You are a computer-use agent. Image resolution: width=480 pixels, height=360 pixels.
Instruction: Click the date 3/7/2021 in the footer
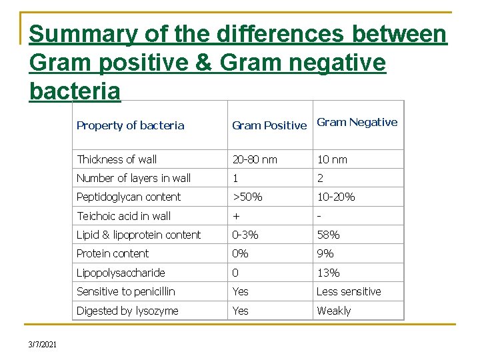click(x=43, y=344)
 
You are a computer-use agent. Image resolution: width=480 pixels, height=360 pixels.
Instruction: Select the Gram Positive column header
click(x=269, y=125)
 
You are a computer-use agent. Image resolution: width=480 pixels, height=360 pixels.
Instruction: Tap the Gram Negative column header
click(x=357, y=122)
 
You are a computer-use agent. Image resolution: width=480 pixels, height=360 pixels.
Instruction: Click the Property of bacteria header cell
click(x=130, y=125)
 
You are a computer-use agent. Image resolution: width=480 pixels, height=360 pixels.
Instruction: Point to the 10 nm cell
click(x=331, y=159)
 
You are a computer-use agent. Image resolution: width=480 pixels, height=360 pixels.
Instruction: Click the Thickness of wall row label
click(x=117, y=159)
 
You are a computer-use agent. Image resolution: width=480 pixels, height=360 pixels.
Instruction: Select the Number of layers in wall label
click(x=133, y=178)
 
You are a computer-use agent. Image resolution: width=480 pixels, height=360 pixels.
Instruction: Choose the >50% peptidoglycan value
click(x=247, y=197)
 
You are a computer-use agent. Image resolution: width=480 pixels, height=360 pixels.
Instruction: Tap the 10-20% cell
click(x=335, y=197)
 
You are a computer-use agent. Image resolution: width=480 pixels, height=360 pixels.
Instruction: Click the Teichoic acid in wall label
click(x=123, y=216)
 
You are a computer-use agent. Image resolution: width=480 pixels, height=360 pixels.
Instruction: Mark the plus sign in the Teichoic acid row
click(x=235, y=216)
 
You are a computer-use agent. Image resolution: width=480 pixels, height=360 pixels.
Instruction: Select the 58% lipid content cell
click(x=328, y=235)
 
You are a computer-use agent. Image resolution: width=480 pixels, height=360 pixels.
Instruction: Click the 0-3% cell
click(x=245, y=235)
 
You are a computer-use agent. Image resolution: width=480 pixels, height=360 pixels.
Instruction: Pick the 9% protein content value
click(x=325, y=253)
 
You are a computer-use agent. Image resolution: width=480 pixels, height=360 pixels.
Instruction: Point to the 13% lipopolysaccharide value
click(x=328, y=273)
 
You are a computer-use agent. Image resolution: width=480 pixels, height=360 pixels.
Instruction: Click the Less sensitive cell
click(x=349, y=291)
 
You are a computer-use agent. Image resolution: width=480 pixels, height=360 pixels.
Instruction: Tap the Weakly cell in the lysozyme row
click(x=333, y=311)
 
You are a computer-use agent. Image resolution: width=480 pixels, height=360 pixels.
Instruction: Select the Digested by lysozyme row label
click(x=127, y=311)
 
